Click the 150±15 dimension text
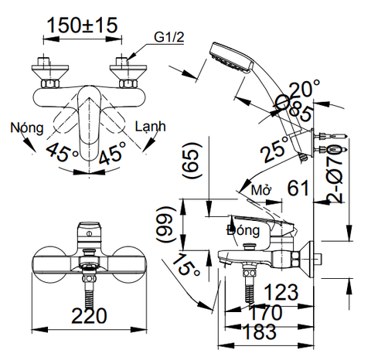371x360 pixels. tap(82, 25)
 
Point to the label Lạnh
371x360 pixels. tap(151, 126)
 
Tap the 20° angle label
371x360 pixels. tap(305, 90)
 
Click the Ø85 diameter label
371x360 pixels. tap(292, 109)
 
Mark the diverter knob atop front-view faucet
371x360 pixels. tap(89, 231)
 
